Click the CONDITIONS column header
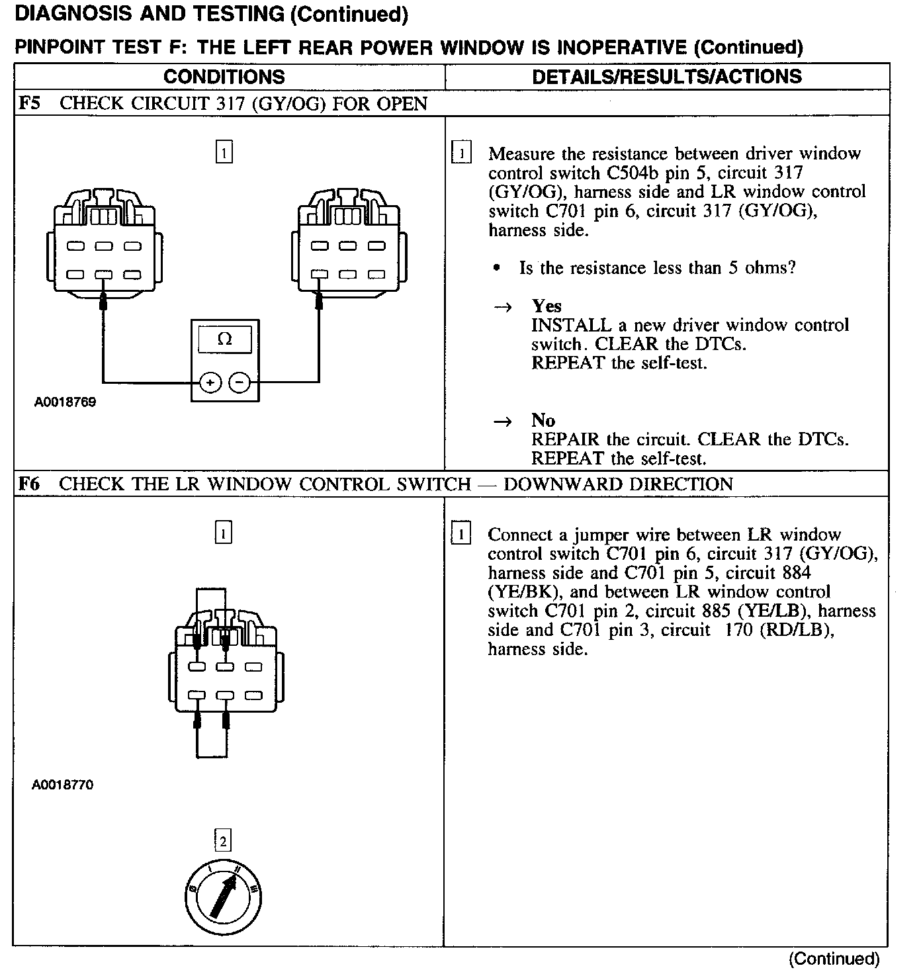(x=224, y=77)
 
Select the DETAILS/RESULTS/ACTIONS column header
(x=666, y=77)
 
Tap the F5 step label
(x=30, y=104)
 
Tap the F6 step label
(x=30, y=484)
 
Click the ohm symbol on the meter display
(x=224, y=339)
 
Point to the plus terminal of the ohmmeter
(x=210, y=382)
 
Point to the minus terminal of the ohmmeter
(x=240, y=382)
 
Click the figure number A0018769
(x=65, y=402)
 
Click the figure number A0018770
(x=63, y=785)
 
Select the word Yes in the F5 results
(x=547, y=306)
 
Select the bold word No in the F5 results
(x=543, y=421)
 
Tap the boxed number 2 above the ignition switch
(x=224, y=841)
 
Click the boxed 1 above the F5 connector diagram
(x=224, y=153)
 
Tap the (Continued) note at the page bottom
(x=834, y=959)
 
